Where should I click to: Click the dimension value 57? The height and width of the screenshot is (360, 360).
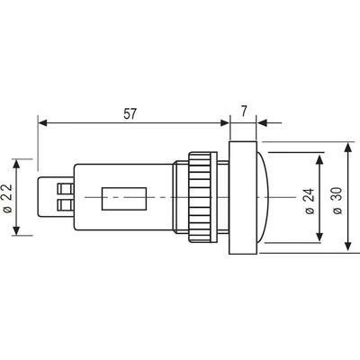coord(130,113)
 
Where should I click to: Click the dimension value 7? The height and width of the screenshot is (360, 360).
coord(244,112)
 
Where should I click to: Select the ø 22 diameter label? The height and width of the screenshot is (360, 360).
coord(8,198)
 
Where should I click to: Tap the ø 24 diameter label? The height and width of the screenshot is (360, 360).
coord(310,201)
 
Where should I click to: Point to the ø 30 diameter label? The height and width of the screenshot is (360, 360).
coord(337,201)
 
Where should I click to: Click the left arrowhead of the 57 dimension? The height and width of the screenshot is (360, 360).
coord(43,123)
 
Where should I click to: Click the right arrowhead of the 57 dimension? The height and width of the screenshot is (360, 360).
coord(224,123)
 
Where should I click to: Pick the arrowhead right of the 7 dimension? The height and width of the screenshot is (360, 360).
coord(262,123)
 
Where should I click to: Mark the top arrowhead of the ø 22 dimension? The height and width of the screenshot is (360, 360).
coord(16,164)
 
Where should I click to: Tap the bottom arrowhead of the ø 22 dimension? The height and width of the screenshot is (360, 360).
coord(16,230)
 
